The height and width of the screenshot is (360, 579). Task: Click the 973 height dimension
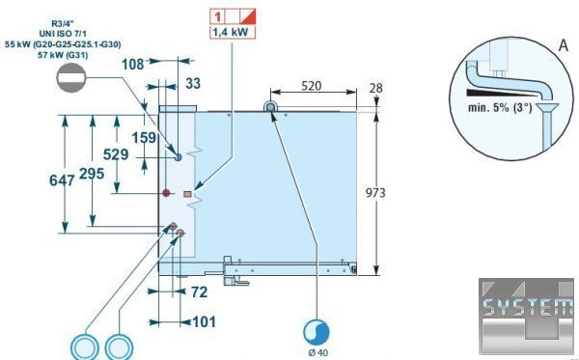coord(375,193)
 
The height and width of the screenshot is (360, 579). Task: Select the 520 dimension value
coord(312,86)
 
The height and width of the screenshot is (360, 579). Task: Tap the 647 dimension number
coord(62,180)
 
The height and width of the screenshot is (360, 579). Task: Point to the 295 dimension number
coord(92,173)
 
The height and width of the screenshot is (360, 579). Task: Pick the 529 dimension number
coord(116,154)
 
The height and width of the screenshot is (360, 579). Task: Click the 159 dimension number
coord(144,138)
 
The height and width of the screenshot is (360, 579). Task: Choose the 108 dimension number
coord(132,65)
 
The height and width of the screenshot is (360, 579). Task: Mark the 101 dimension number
coord(205,322)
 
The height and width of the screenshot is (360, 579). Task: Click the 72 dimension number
coord(200,292)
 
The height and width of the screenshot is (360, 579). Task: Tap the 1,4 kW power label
coord(233,32)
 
